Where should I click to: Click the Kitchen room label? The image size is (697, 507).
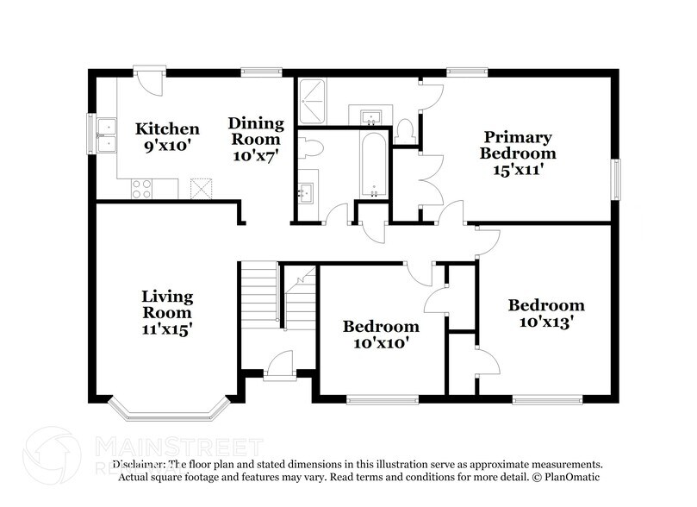pyautogui.click(x=167, y=128)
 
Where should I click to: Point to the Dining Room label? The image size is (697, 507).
pyautogui.click(x=254, y=124)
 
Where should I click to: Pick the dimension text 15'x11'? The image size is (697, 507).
pyautogui.click(x=517, y=170)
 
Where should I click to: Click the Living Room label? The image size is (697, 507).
pyautogui.click(x=167, y=304)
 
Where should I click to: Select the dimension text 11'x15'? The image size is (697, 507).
pyautogui.click(x=167, y=329)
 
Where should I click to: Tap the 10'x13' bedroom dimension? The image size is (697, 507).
pyautogui.click(x=546, y=322)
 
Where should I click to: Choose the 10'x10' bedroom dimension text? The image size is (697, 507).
pyautogui.click(x=381, y=342)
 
